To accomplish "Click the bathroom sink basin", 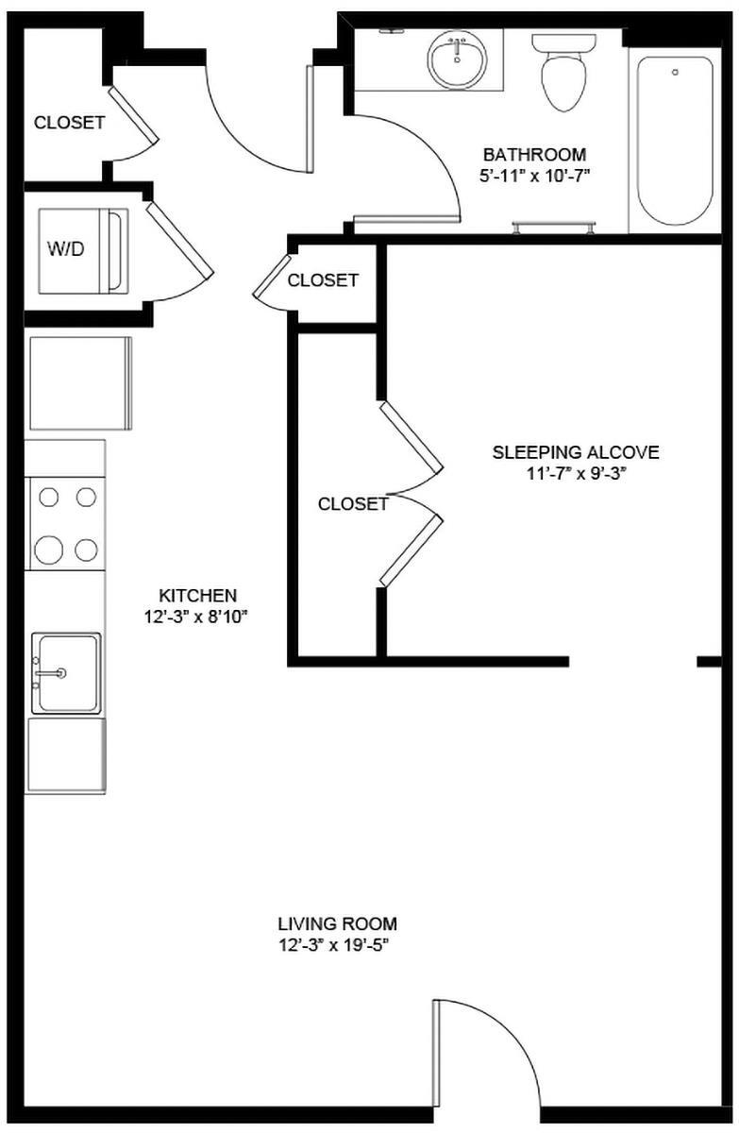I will coord(458,59).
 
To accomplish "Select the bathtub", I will coord(674,142).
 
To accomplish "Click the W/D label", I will coord(65,250).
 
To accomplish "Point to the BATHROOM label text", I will coord(534,154).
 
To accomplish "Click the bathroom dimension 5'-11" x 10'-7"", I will coord(534,175).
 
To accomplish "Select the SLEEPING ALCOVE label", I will coord(576,452).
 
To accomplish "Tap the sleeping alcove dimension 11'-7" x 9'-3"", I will coord(576,473).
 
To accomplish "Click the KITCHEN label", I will coord(197,596).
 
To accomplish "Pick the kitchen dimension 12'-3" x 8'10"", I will coord(197,617).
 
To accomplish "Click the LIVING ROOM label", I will coord(337,923).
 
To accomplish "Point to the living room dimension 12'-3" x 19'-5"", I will coord(337,944).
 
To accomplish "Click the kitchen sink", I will coord(65,672).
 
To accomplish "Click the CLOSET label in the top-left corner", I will coord(69,123).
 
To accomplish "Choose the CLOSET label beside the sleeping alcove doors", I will coord(353,504).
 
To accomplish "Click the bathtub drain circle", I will coord(675,72).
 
